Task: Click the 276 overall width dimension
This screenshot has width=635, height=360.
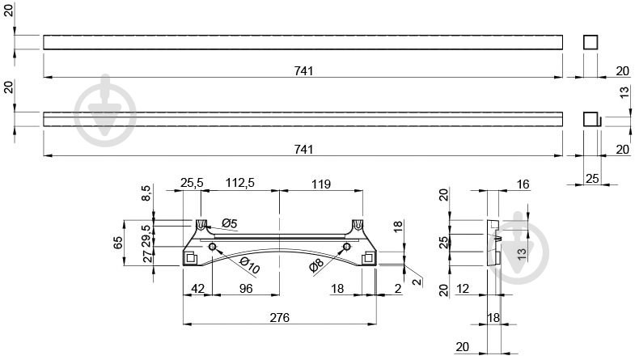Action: (279, 317)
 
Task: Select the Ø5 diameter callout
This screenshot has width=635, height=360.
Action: (229, 222)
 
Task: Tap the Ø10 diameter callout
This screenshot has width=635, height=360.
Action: (249, 265)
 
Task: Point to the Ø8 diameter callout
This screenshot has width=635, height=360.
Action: (315, 265)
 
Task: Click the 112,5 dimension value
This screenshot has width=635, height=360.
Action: (239, 183)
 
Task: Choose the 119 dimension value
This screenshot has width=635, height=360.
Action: (321, 184)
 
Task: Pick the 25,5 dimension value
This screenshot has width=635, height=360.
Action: (192, 183)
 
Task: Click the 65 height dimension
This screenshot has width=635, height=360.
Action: (117, 243)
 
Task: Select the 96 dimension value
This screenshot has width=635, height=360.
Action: (245, 288)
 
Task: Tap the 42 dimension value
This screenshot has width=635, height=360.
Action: (197, 288)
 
